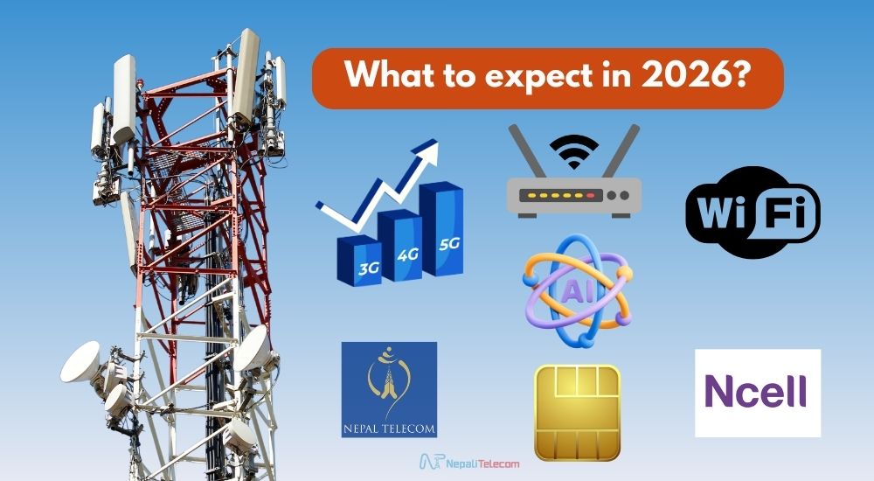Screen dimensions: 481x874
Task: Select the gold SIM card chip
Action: coord(577,412)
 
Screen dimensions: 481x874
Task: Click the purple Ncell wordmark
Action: coord(757,391)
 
